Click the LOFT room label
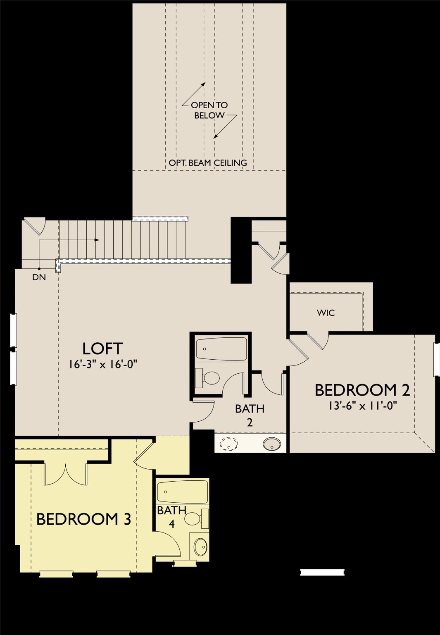coord(102,349)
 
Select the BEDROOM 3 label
coord(83,519)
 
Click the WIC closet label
coord(326,313)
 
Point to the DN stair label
coord(39,277)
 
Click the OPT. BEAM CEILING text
coord(207,163)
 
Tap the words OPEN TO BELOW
coord(209,110)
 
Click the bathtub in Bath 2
coord(221,349)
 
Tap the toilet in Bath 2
coord(209,378)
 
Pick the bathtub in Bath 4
coord(182,492)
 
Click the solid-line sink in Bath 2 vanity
coord(272,444)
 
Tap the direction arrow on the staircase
coord(96,240)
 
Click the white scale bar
coord(322,572)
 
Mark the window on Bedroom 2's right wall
coord(436,359)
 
